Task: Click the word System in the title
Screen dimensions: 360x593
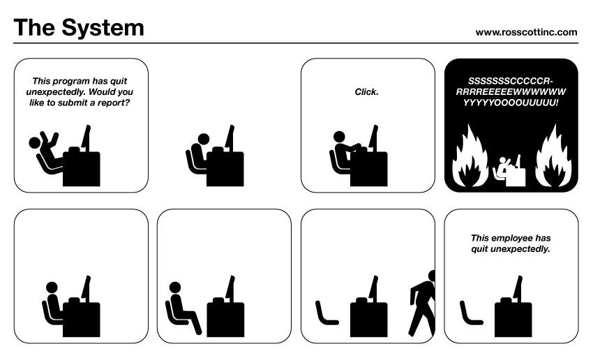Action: pos(104,28)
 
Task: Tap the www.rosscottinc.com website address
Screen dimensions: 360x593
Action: pos(526,31)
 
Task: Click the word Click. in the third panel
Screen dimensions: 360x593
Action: pos(367,91)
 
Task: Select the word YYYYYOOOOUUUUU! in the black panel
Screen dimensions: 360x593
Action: pos(511,102)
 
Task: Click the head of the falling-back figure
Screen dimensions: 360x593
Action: pos(35,143)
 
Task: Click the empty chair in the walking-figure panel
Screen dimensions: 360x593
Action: pos(326,314)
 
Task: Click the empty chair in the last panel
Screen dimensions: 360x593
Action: pos(470,314)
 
